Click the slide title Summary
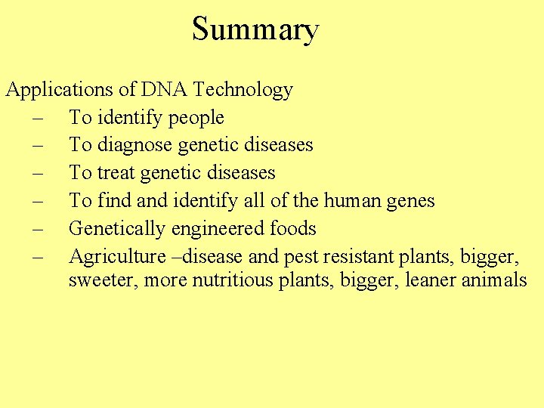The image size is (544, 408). coord(255,29)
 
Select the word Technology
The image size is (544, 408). coord(243,90)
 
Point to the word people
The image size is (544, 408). coord(196,118)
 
